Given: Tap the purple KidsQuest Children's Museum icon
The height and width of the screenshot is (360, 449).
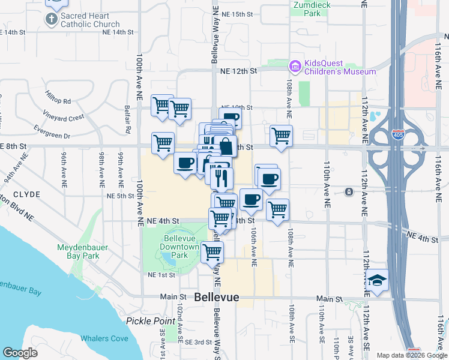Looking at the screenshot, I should click(295, 65).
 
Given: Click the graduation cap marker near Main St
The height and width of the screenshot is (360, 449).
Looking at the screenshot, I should click(377, 281).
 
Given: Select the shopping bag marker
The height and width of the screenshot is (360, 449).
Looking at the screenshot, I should click(226, 146).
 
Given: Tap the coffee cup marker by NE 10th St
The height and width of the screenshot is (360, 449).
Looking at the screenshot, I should click(231, 118).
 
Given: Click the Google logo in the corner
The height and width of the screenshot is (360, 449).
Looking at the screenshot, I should click(20, 353).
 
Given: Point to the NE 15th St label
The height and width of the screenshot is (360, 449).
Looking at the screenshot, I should click(237, 14).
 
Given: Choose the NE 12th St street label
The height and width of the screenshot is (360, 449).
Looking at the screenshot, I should click(238, 71).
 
